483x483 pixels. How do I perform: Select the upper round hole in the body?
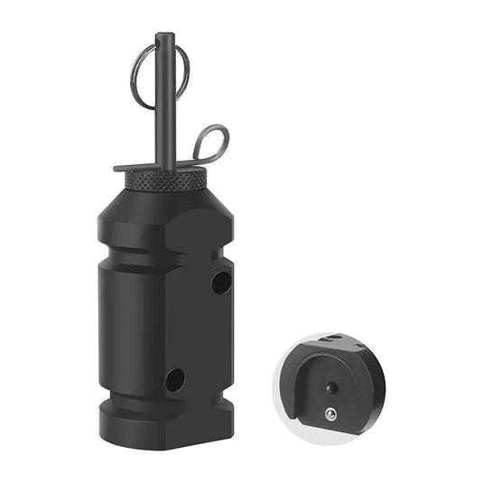(221, 283)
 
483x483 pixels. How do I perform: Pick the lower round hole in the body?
(175, 379)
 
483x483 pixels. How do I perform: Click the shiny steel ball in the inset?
(330, 414)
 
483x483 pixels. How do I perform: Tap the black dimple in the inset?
(331, 388)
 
